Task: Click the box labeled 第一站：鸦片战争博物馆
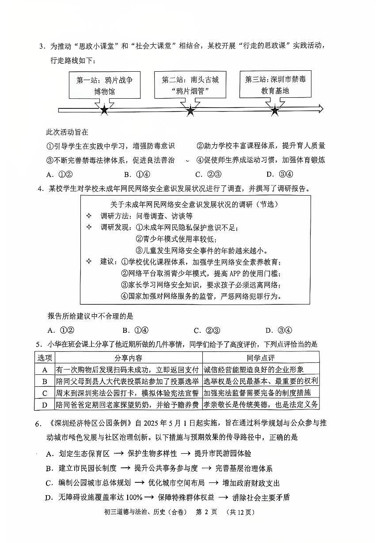coord(105,85)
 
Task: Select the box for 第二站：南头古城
coord(190,85)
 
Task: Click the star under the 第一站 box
coord(104,110)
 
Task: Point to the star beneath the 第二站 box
coord(190,110)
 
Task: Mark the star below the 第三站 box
coord(275,110)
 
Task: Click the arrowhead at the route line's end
coord(320,109)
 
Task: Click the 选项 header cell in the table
coord(45,358)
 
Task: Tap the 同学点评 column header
coord(261,358)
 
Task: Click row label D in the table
coord(45,404)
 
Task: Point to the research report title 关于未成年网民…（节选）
coord(194,204)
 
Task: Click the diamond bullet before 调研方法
coord(89,216)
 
